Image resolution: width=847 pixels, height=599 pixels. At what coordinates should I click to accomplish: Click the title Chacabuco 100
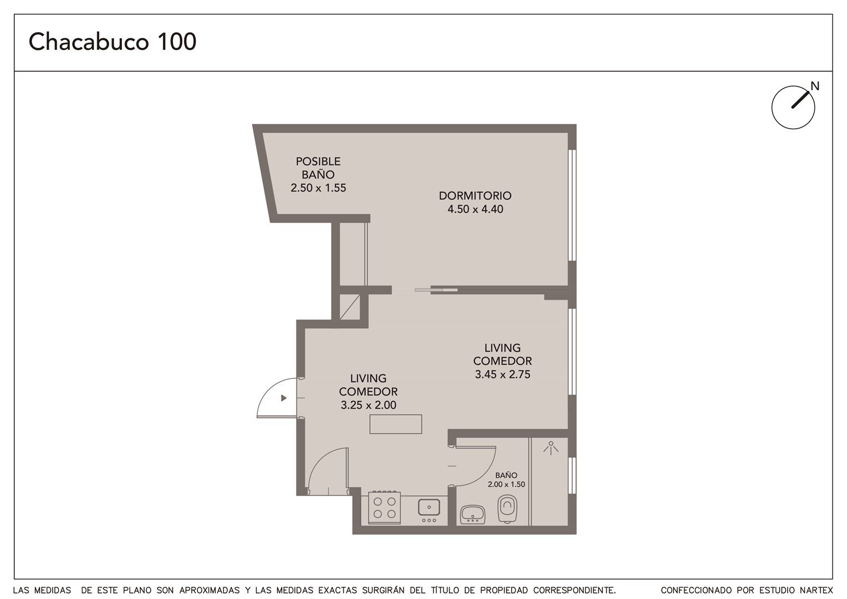click(113, 42)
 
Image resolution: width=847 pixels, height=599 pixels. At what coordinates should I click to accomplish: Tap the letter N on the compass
click(815, 87)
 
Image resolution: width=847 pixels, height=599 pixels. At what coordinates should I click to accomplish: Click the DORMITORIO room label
click(475, 196)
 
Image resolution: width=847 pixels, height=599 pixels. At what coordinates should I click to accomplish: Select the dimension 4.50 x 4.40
click(475, 209)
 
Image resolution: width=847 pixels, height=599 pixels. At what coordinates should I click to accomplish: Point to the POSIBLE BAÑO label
click(318, 168)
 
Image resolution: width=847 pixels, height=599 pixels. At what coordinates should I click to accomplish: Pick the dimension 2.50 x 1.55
click(318, 187)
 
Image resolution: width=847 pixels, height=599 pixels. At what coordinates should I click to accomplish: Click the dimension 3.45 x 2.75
click(503, 374)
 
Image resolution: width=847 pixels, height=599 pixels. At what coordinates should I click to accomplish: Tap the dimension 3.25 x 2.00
click(368, 405)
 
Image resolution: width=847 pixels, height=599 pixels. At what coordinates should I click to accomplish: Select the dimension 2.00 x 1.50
click(506, 484)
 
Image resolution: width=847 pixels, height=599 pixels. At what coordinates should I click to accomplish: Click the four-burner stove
click(384, 507)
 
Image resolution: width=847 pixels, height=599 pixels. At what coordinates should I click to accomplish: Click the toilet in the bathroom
click(507, 509)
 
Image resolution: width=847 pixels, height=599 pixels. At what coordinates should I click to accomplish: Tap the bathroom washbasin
click(473, 514)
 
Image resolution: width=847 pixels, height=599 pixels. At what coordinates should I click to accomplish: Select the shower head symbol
click(551, 447)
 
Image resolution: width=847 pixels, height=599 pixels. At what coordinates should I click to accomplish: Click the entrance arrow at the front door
click(284, 398)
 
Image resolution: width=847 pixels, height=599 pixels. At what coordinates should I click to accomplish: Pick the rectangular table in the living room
click(396, 424)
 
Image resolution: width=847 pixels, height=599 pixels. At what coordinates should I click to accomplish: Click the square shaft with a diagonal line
click(350, 307)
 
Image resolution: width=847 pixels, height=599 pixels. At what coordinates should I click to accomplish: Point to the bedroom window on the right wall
click(572, 205)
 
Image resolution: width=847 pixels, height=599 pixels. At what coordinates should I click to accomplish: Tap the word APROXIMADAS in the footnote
click(210, 590)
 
